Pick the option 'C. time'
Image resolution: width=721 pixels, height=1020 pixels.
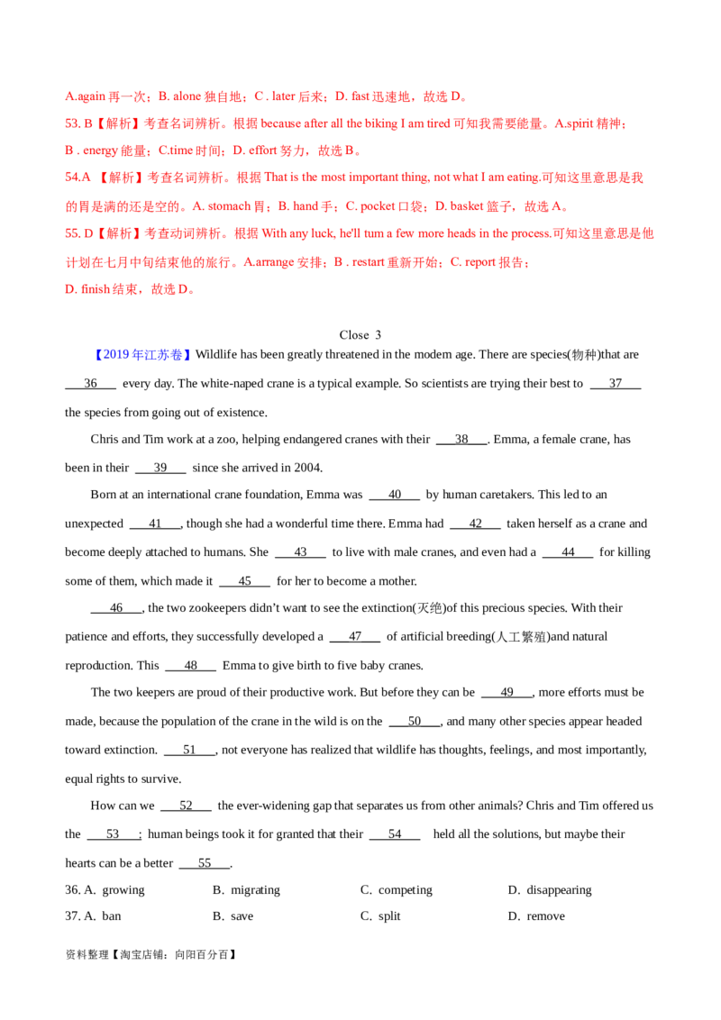175,151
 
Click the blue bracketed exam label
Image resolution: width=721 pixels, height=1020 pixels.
143,355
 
